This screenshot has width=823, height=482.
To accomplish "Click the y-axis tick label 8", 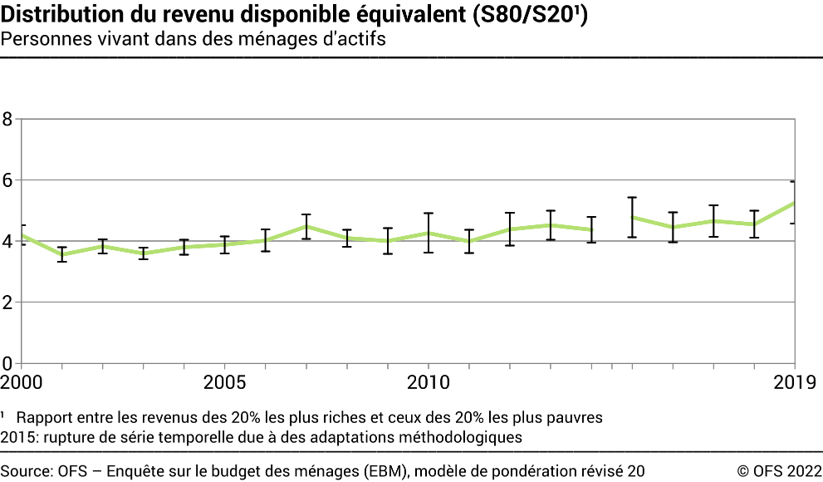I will pyautogui.click(x=7, y=119).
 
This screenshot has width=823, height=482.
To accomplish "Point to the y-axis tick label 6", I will pyautogui.click(x=7, y=180).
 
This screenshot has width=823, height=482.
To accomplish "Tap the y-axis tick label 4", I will pyautogui.click(x=7, y=241).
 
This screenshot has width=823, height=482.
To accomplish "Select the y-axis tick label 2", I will pyautogui.click(x=7, y=302).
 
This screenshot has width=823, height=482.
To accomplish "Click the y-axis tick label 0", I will pyautogui.click(x=7, y=363).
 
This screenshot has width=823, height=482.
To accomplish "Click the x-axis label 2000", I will pyautogui.click(x=21, y=382).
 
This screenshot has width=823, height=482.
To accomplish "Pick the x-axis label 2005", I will pyautogui.click(x=224, y=382).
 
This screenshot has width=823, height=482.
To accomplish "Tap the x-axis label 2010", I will pyautogui.click(x=428, y=382).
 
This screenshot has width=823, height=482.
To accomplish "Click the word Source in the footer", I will pyautogui.click(x=26, y=470).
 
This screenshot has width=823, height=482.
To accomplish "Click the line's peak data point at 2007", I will pyautogui.click(x=306, y=226).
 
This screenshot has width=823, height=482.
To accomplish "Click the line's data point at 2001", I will pyautogui.click(x=61, y=254).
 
